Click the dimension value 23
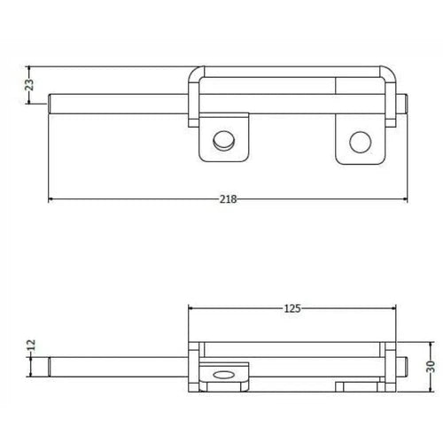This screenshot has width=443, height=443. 29,86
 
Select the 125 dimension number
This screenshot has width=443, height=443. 293,308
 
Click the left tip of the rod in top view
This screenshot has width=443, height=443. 51,104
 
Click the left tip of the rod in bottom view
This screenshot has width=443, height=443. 51,364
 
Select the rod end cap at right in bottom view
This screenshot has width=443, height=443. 403,365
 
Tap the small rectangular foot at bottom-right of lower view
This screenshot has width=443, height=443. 358,385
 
